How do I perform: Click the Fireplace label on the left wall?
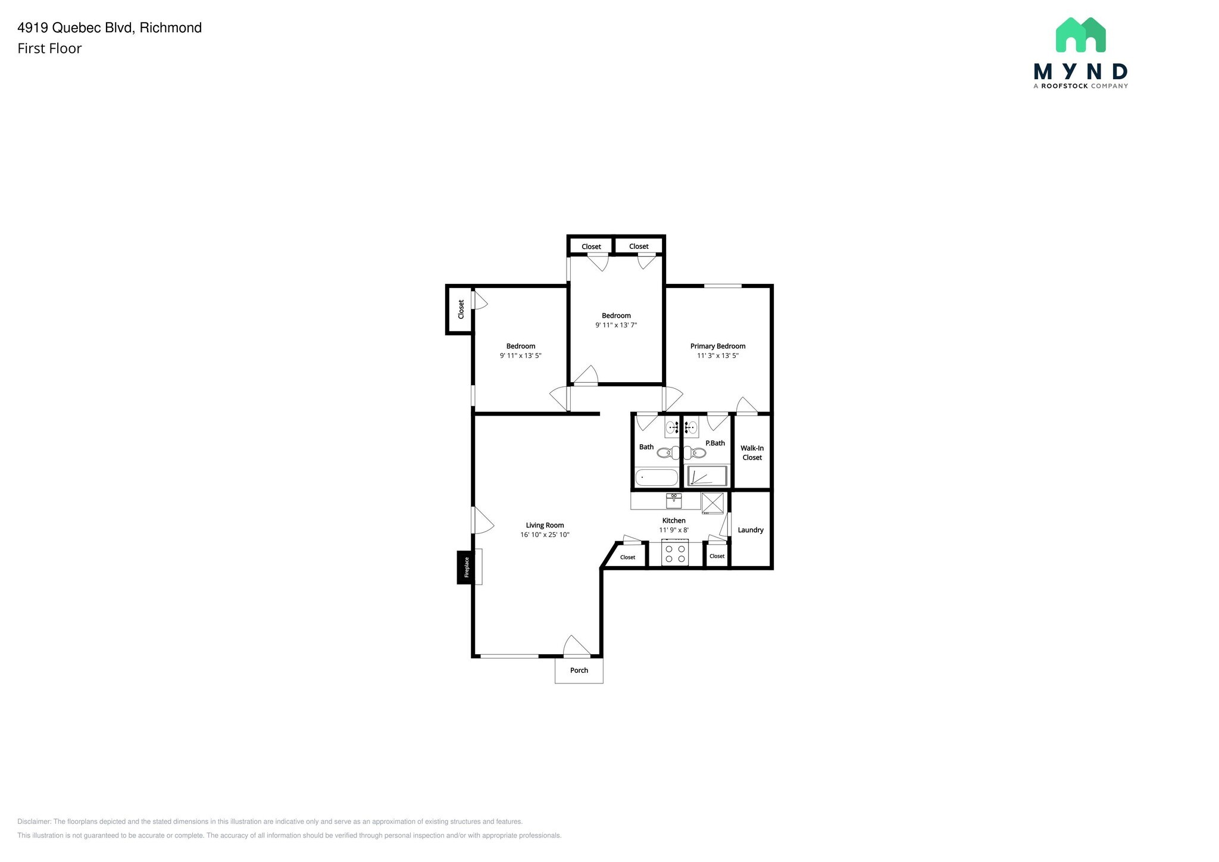[x=466, y=567]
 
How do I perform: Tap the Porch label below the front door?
[x=579, y=670]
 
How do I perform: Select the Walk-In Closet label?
[x=752, y=453]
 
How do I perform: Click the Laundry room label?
[x=750, y=530]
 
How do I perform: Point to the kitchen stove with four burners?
[x=674, y=554]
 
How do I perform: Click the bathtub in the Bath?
[x=657, y=477]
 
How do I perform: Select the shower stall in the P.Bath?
[x=707, y=476]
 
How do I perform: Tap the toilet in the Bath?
[x=668, y=453]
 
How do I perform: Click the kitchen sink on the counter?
[x=674, y=500]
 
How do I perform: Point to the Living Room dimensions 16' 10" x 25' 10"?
[x=545, y=535]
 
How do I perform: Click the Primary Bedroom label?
[x=717, y=346]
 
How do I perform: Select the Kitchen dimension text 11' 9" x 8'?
[x=673, y=530]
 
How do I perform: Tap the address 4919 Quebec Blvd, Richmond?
[x=110, y=27]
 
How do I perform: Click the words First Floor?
[x=49, y=49]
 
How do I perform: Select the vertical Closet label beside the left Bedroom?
[x=461, y=309]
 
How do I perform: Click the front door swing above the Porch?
[x=575, y=646]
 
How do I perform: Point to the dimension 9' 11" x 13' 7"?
[x=616, y=325]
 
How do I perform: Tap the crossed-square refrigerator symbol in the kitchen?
[x=712, y=503]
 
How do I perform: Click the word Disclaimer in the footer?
[x=34, y=822]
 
